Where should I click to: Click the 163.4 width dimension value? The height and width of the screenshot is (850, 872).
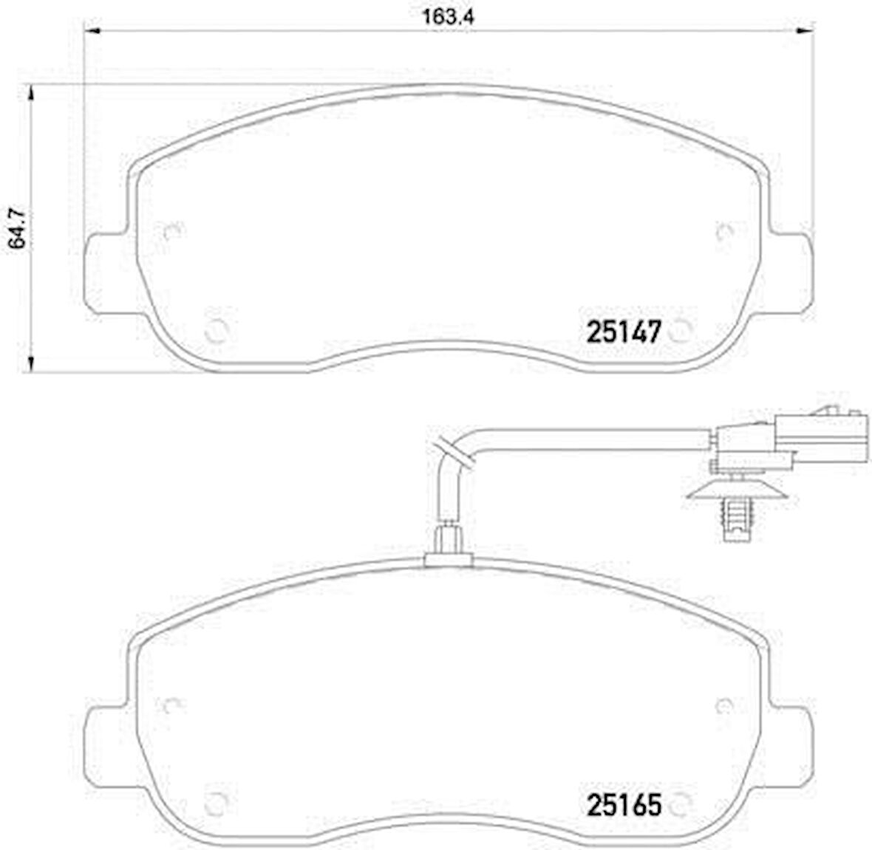(x=449, y=16)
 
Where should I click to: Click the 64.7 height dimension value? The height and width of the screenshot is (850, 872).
(x=17, y=228)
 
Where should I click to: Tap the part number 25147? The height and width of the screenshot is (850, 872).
(x=624, y=332)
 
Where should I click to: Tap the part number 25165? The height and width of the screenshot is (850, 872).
(x=624, y=804)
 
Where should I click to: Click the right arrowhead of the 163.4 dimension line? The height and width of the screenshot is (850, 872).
(x=805, y=32)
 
